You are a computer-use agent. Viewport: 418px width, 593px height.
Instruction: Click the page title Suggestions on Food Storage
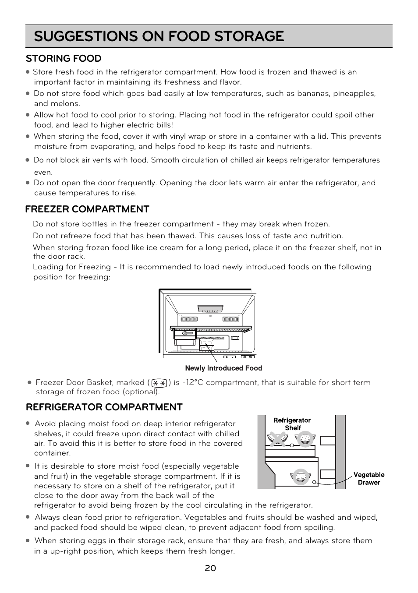pyautogui.click(x=159, y=36)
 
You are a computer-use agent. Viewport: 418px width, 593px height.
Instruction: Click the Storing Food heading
pyautogui.click(x=64, y=59)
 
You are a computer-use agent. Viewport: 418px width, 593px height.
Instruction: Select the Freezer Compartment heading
pyautogui.click(x=87, y=209)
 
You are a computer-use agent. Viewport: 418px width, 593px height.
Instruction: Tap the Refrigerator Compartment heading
pyautogui.click(x=104, y=407)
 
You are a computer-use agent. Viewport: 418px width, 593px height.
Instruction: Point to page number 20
pyautogui.click(x=210, y=568)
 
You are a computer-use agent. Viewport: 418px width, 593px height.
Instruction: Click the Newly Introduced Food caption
pyautogui.click(x=223, y=368)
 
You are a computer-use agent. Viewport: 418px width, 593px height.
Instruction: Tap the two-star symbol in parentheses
pyautogui.click(x=159, y=383)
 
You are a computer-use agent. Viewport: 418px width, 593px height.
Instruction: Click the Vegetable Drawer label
pyautogui.click(x=369, y=479)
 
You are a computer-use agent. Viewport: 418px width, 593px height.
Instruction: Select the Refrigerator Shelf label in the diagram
pyautogui.click(x=292, y=424)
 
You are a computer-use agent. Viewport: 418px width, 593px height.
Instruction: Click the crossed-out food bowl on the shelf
pyautogui.click(x=279, y=438)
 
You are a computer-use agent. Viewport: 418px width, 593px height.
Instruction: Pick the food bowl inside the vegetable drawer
pyautogui.click(x=301, y=477)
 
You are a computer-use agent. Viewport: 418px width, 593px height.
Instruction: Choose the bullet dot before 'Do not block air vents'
pyautogui.click(x=27, y=160)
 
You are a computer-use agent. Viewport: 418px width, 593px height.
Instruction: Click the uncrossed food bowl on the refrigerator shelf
pyautogui.click(x=305, y=438)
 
